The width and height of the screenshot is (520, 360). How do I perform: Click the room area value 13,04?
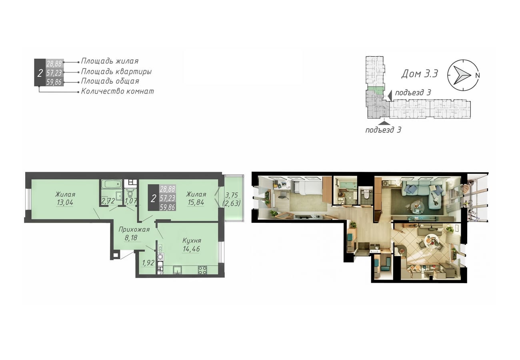pos(65,203)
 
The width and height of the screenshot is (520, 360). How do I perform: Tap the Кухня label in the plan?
pos(192,241)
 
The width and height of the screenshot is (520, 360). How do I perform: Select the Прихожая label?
pos(134,230)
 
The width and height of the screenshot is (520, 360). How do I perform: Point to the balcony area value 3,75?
pos(232,195)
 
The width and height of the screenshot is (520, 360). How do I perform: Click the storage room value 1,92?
pos(148,263)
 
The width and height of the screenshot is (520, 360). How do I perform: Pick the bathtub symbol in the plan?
pos(112,184)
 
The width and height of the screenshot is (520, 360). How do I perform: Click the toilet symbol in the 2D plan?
pos(130,192)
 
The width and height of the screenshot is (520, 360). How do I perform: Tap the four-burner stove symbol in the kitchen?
pos(202,270)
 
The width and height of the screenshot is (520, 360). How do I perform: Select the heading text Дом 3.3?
pos(420,74)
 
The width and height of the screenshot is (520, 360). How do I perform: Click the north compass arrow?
pos(462,75)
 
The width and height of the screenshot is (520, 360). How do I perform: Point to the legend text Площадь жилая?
pos(110,61)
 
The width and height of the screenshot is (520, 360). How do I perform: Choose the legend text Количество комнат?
pos(117,91)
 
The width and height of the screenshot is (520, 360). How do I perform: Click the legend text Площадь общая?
pos(110,81)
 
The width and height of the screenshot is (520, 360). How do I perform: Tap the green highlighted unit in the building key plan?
pos(375,90)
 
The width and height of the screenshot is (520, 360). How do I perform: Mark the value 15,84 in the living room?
pos(196,203)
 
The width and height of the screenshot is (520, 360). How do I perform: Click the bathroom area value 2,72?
pos(108,201)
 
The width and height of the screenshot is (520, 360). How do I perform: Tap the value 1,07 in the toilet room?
pos(131,201)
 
